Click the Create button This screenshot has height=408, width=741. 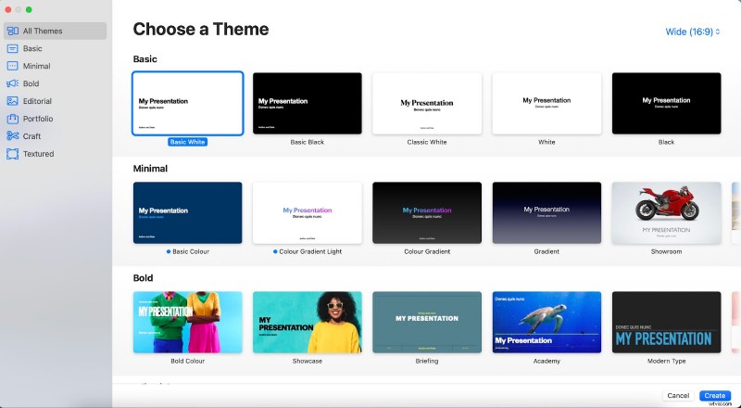[x=714, y=396]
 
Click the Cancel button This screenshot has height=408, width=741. [x=678, y=396]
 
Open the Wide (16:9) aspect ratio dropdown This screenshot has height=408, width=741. [x=692, y=32]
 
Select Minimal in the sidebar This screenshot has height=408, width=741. [x=36, y=66]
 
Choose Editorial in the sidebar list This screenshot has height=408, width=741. [x=37, y=101]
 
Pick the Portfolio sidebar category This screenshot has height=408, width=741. [x=38, y=119]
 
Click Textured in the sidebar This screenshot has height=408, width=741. [x=38, y=154]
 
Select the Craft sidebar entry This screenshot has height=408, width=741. [x=31, y=136]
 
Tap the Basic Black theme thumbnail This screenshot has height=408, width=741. [x=308, y=103]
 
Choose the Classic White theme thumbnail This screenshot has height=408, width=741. [x=427, y=103]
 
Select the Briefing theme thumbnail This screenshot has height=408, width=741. [x=427, y=322]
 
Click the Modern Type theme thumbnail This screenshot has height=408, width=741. [x=666, y=322]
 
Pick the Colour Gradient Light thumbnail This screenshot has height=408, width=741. [x=308, y=212]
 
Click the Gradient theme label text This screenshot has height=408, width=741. [x=546, y=252]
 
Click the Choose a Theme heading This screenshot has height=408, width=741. [x=201, y=30]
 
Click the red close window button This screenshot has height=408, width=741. [x=8, y=9]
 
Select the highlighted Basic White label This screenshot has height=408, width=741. [x=187, y=142]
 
